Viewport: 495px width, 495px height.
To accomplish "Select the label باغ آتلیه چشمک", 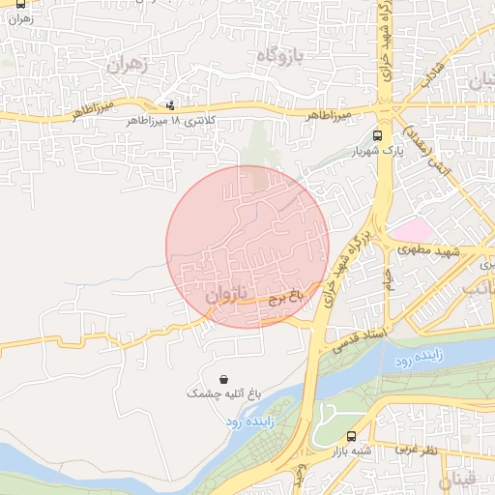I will click(x=223, y=394).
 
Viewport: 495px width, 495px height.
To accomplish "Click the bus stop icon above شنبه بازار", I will click(x=350, y=436).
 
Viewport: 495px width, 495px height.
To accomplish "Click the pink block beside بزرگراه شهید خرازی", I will click(x=414, y=230).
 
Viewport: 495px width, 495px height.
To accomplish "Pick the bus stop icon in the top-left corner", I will click(x=20, y=4).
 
